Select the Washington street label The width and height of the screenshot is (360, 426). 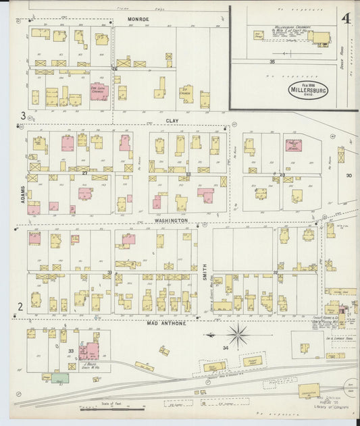(170, 220)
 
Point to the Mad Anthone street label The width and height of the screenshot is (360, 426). (165, 323)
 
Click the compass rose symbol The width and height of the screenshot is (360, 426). (238, 333)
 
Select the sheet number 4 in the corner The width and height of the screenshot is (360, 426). (346, 18)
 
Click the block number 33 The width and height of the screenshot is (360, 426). (70, 351)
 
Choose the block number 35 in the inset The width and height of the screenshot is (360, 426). (272, 61)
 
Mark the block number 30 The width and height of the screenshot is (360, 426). (349, 176)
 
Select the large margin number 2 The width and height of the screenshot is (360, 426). (20, 307)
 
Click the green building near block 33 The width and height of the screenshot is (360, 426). (59, 378)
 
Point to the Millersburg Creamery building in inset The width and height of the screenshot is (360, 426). (321, 38)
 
